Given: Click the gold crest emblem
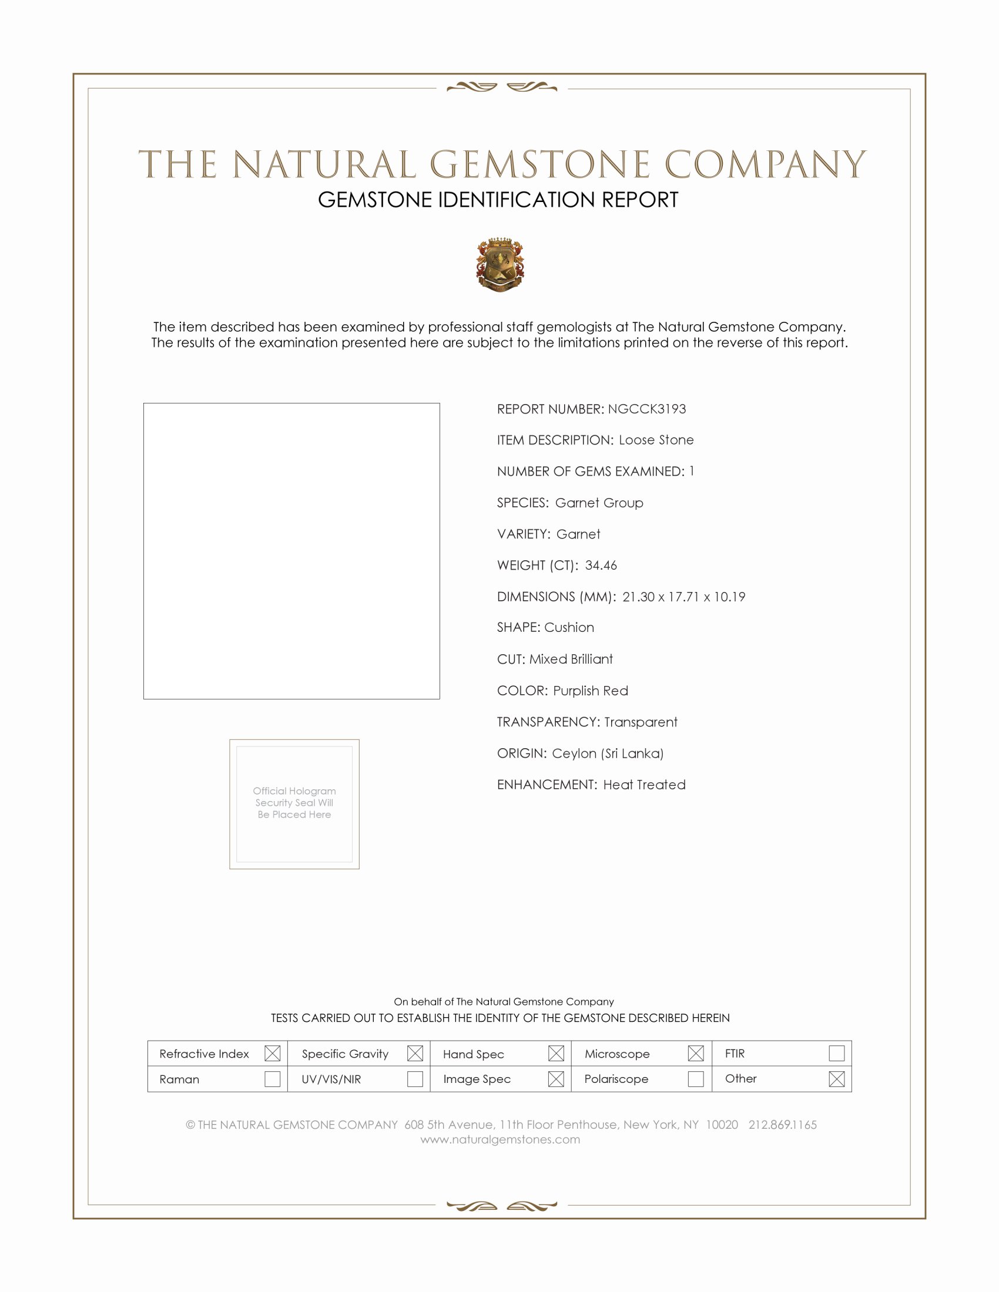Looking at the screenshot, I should pyautogui.click(x=500, y=264).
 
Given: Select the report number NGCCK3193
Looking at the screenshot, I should pyautogui.click(x=647, y=409).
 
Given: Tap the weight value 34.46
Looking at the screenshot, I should pyautogui.click(x=601, y=565).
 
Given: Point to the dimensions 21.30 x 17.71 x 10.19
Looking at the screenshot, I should pyautogui.click(x=683, y=596).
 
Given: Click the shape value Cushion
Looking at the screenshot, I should pyautogui.click(x=569, y=627).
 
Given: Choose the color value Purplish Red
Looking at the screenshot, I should pyautogui.click(x=591, y=691).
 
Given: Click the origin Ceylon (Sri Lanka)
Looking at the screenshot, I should pyautogui.click(x=608, y=753).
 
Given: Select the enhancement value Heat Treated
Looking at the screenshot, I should pyautogui.click(x=645, y=785).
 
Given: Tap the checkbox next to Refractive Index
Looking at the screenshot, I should pyautogui.click(x=272, y=1053).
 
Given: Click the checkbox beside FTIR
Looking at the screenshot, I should pyautogui.click(x=836, y=1053).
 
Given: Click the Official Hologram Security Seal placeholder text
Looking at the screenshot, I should pyautogui.click(x=294, y=802).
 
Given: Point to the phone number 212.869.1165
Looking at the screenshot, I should pyautogui.click(x=782, y=1125).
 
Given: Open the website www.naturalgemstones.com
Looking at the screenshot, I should pyautogui.click(x=500, y=1139).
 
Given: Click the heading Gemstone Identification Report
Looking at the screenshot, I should pyautogui.click(x=498, y=200).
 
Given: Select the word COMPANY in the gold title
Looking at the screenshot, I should pyautogui.click(x=765, y=164).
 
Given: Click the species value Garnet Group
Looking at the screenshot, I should pyautogui.click(x=599, y=502).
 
